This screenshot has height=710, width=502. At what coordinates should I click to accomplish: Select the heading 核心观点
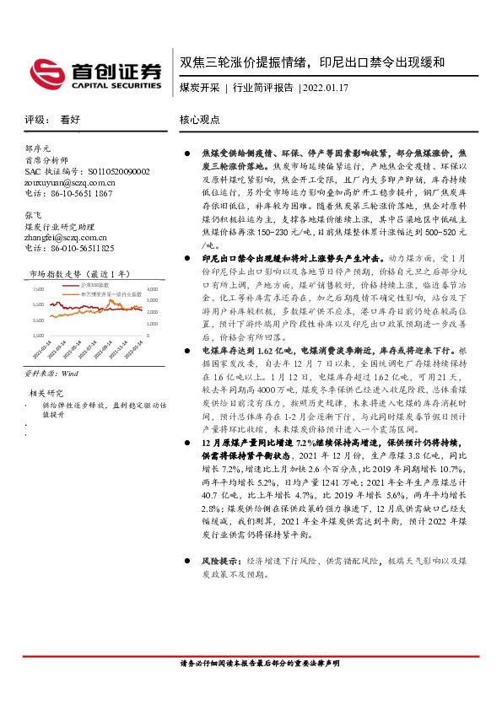(x=200, y=121)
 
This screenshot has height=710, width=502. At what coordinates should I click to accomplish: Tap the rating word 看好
(x=71, y=121)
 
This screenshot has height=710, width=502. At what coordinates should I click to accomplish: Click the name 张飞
(x=34, y=215)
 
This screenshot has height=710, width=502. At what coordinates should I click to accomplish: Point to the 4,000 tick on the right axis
(x=152, y=289)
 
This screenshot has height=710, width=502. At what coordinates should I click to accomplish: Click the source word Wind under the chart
(x=70, y=370)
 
